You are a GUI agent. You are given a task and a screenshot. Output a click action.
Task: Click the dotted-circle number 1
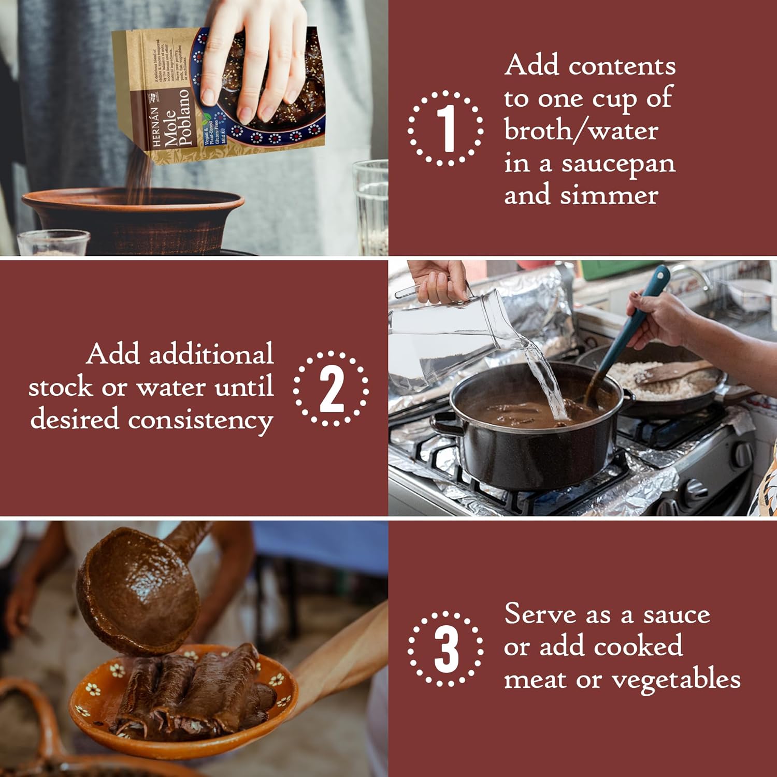tap(446, 128)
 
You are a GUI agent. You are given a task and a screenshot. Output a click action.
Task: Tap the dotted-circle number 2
tap(331, 388)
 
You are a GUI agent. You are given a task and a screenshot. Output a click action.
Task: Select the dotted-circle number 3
tap(446, 649)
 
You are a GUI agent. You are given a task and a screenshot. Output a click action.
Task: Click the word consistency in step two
tap(200, 420)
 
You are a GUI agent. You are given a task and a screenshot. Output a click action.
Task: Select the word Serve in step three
tap(540, 614)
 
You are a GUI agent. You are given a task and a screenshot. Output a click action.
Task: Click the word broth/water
tap(581, 131)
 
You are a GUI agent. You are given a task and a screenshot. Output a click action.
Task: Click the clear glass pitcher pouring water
tap(445, 332)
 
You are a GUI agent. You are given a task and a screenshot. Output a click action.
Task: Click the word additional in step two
tap(211, 355)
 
